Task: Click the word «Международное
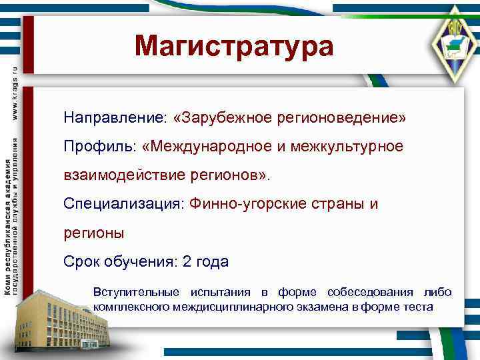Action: pyautogui.click(x=213, y=146)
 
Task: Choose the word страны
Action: pyautogui.click(x=339, y=204)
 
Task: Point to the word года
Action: pyautogui.click(x=213, y=262)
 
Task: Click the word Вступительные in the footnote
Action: pyautogui.click(x=136, y=292)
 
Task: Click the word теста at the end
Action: pyautogui.click(x=417, y=307)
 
